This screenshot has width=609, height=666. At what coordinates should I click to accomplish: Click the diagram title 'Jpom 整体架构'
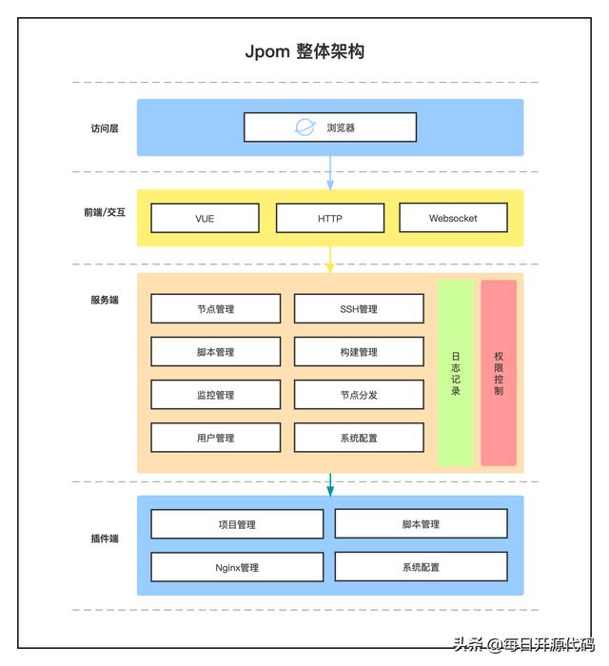(x=304, y=51)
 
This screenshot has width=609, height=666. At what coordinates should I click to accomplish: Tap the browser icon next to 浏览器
(x=305, y=127)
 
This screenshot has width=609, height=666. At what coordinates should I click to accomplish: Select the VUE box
(x=205, y=218)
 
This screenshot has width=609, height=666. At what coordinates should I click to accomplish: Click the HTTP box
(x=330, y=218)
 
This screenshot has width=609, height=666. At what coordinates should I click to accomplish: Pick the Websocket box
(x=453, y=218)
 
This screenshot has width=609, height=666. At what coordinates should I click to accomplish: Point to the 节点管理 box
(x=216, y=309)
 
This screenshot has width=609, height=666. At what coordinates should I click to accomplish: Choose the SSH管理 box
(x=359, y=309)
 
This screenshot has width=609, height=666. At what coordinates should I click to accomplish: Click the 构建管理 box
(x=359, y=352)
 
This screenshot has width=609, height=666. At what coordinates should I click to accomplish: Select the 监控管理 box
(x=216, y=395)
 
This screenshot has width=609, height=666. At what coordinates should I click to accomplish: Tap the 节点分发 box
(x=359, y=395)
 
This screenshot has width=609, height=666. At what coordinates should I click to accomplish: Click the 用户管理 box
(x=216, y=438)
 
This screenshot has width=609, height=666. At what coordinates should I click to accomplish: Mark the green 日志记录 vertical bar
(x=456, y=373)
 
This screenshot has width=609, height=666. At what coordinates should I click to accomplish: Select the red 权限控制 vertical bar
(x=499, y=373)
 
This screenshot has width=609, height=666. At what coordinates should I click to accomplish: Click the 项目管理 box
(x=237, y=524)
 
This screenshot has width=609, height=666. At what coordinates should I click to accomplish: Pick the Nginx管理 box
(x=237, y=567)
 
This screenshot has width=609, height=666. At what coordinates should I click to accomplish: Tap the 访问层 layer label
(x=105, y=128)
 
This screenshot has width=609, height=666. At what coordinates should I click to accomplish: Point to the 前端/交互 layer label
(x=105, y=212)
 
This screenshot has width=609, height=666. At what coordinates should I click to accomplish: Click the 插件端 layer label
(x=105, y=539)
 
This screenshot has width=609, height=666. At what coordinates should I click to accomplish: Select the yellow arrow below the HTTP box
(x=330, y=260)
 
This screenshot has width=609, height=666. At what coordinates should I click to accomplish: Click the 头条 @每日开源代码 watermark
(x=523, y=645)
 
